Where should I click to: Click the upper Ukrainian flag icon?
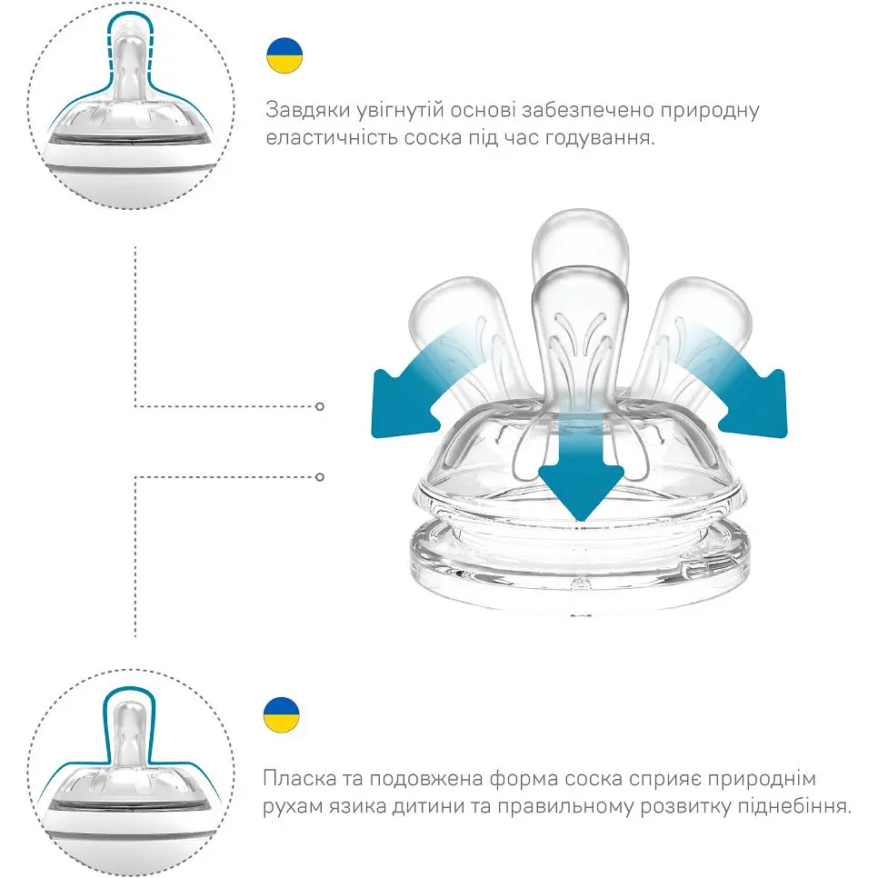[284, 56]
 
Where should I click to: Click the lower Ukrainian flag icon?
[281, 715]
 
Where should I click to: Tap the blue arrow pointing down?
[580, 482]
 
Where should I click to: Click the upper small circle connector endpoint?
[320, 405]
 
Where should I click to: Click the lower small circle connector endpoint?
[320, 475]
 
